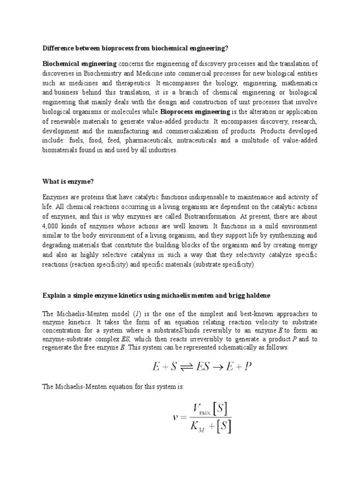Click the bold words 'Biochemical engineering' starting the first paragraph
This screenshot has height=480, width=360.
[80, 64]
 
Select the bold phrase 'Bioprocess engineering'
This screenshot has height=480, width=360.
[195, 112]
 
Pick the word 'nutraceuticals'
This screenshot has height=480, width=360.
[216, 141]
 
